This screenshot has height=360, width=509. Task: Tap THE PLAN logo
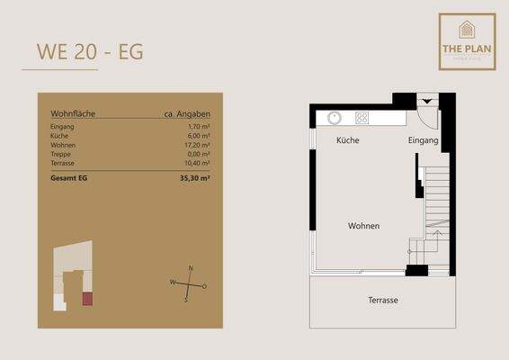[467, 40]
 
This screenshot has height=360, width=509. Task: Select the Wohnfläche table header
[73, 114]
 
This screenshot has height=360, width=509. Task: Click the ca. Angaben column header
[187, 114]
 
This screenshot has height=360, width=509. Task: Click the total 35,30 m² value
[193, 179]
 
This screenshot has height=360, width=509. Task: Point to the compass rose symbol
[189, 285]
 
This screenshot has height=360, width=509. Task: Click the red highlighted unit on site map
[87, 299]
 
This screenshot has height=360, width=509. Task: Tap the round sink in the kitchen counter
[334, 117]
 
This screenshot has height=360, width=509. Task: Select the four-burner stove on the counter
[362, 117]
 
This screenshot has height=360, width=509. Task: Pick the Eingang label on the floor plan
[423, 141]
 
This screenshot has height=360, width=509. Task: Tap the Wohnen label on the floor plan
[363, 226]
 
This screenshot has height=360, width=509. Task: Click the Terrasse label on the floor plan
[383, 300]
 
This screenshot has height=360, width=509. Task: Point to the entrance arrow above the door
[427, 101]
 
